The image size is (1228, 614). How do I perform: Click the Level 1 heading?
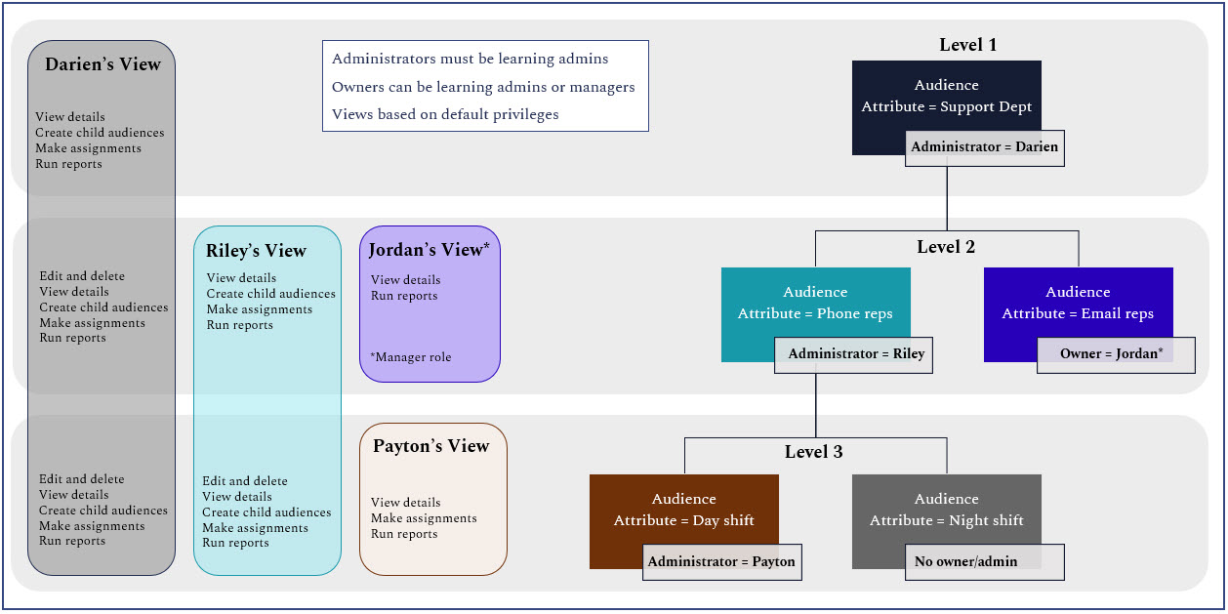[967, 45]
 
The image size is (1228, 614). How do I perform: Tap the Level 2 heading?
[945, 247]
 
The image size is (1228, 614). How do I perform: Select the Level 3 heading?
[813, 452]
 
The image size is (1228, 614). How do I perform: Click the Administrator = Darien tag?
[984, 147]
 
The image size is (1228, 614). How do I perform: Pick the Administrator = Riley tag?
[853, 354]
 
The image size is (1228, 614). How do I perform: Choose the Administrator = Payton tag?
[721, 561]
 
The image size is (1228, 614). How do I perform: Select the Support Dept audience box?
[946, 96]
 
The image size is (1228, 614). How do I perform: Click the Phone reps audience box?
[815, 303]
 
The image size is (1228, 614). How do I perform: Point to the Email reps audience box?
[1078, 303]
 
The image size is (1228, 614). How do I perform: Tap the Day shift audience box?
[683, 510]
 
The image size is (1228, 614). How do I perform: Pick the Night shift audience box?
[946, 510]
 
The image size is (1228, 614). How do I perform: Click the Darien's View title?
[102, 65]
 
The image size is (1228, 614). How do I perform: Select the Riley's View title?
[256, 252]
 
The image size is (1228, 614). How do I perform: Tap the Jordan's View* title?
[429, 250]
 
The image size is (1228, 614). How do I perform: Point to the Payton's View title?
[430, 446]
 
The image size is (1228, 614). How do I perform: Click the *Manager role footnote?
[411, 357]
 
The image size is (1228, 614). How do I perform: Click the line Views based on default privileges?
[445, 115]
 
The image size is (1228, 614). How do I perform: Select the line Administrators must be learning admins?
[470, 60]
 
